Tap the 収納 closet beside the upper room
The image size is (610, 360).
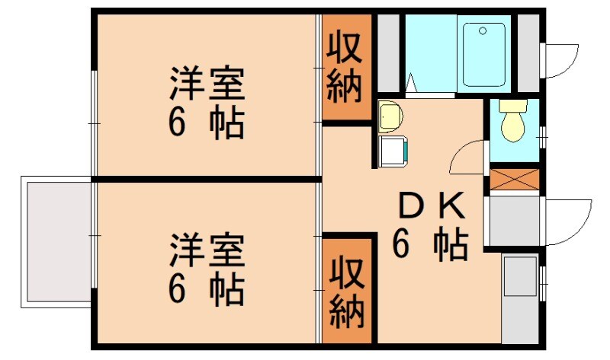coord(345,68)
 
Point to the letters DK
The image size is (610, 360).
coord(431,205)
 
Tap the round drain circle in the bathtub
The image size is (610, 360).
coord(481,31)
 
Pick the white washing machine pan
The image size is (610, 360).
coord(394,151)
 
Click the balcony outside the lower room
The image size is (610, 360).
coord(56,241)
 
